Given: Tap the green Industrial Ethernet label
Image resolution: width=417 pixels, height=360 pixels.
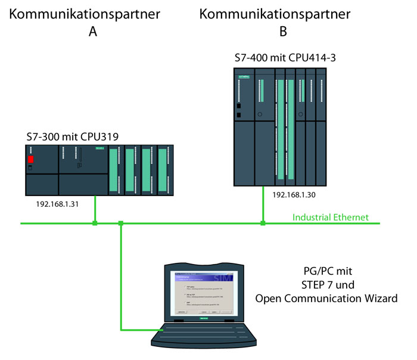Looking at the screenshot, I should click(331, 217).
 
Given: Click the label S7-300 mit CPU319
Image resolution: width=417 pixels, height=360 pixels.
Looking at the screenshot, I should click(72, 137).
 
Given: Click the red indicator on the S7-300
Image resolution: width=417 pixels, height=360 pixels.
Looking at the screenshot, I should click(31, 160).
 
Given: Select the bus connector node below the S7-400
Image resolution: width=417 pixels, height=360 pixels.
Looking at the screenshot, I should click(263, 224).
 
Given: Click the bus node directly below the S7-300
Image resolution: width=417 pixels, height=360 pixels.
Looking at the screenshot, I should click(95, 224).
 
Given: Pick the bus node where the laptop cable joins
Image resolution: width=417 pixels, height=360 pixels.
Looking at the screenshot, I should click(121, 224).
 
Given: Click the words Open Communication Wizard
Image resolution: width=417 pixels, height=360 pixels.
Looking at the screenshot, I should click(326, 298).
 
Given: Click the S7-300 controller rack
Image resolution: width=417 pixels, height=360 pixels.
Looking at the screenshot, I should click(99, 170).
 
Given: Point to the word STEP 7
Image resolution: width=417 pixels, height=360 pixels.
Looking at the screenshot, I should click(311, 284).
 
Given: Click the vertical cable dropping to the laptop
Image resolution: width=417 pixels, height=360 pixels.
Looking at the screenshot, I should click(121, 274).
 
